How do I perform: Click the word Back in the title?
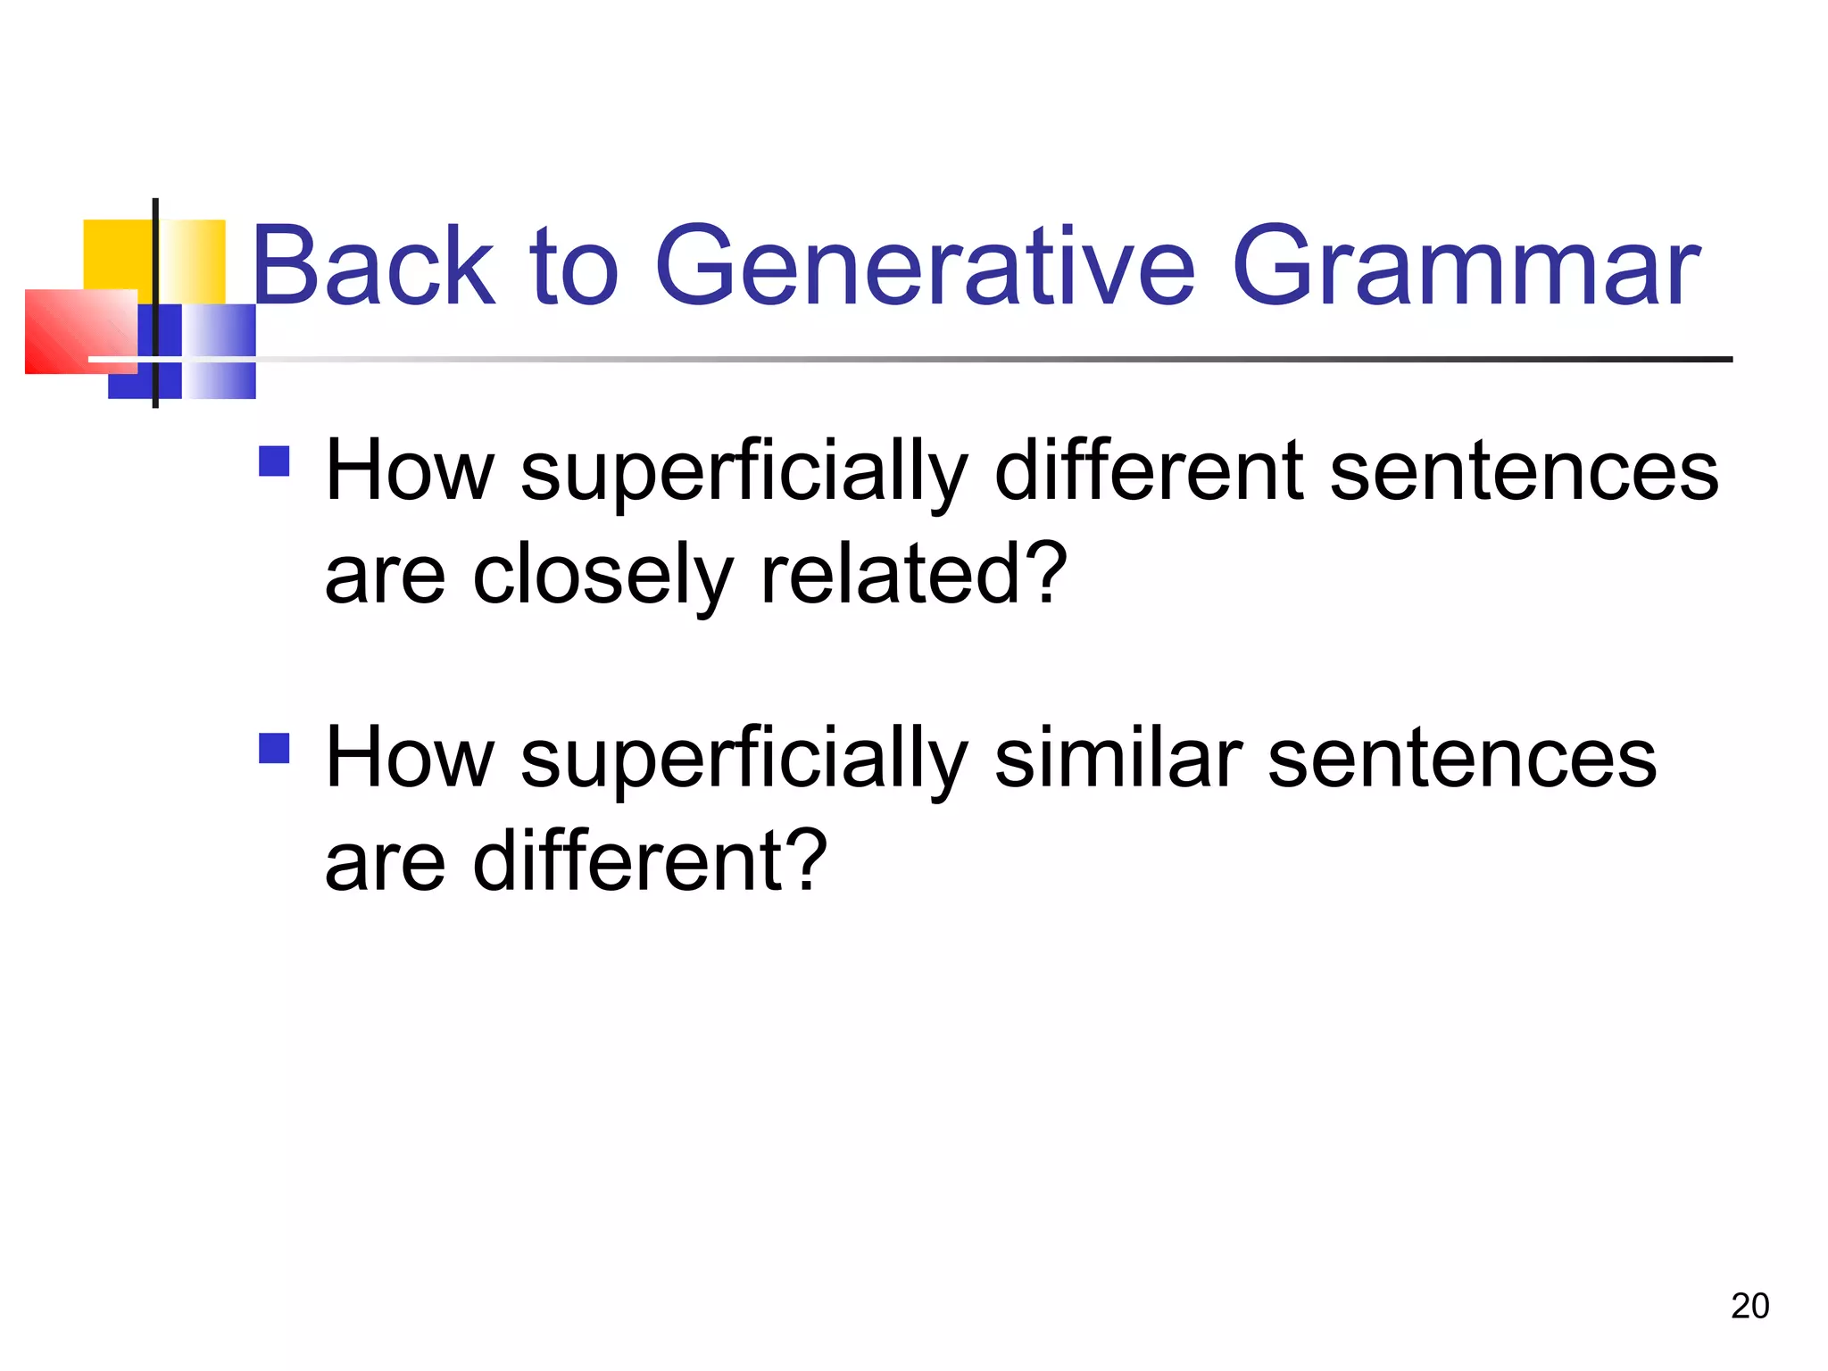pos(373,266)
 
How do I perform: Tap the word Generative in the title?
pos(924,266)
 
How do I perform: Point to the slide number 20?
pos(1749,1306)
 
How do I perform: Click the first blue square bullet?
pos(274,461)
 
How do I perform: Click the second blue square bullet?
pos(274,748)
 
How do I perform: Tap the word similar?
pos(1118,758)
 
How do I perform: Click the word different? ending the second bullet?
pos(650,860)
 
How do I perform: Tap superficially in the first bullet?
pos(744,473)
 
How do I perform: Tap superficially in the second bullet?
pos(744,760)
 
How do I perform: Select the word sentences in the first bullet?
pos(1523,473)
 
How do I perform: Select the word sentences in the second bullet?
pos(1461,760)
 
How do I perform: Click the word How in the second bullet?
pos(410,758)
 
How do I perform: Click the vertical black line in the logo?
pos(155,303)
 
